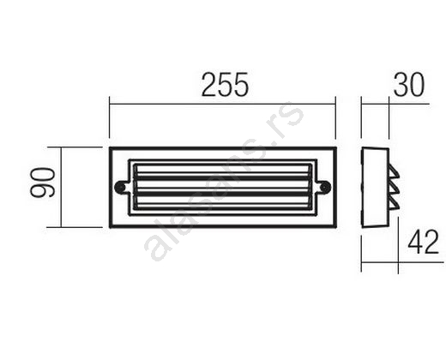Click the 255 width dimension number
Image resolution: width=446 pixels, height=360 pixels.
[225, 85]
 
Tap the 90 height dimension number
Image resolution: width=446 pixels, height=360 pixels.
[43, 183]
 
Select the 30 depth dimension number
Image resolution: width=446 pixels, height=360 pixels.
[409, 85]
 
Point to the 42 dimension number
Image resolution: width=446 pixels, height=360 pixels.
[423, 242]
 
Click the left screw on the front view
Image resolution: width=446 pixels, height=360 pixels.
[120, 187]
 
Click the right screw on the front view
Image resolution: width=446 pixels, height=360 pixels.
[325, 187]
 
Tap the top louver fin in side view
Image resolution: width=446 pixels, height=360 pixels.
[394, 173]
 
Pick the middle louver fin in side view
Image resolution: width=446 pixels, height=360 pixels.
[394, 189]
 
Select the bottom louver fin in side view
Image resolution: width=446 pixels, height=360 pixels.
[394, 204]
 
